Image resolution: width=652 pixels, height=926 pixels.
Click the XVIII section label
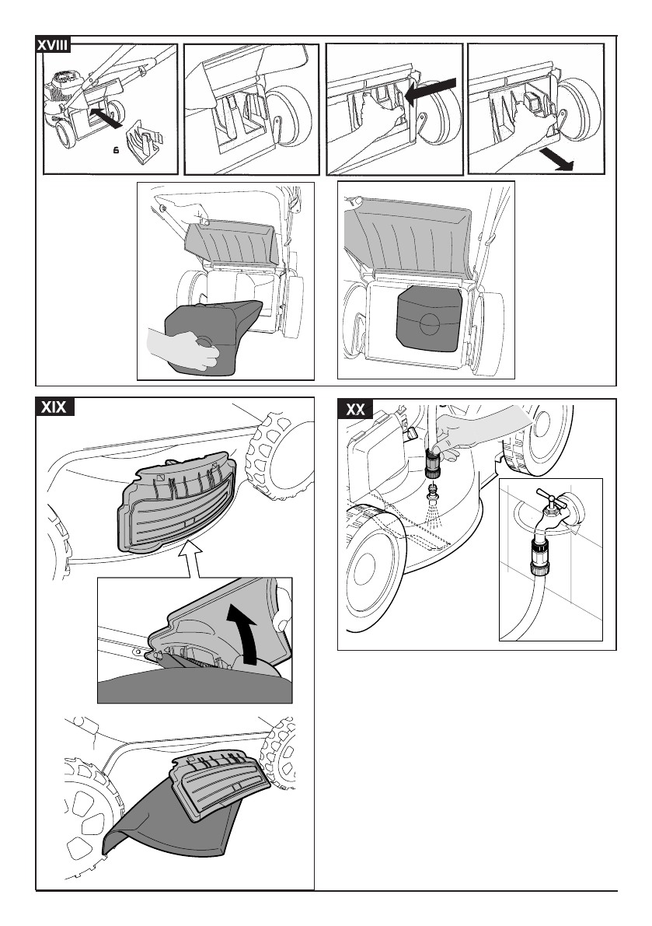53,45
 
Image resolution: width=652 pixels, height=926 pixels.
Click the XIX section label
54,407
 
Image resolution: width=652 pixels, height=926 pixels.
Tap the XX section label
355,409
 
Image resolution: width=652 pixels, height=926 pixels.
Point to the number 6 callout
117,151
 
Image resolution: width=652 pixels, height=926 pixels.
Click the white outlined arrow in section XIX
190,558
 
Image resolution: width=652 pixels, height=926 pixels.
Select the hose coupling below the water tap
540,556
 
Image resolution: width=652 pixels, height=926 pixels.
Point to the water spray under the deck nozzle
434,513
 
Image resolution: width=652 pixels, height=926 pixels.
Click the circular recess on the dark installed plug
430,323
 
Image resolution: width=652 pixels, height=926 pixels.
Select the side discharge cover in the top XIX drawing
176,503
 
